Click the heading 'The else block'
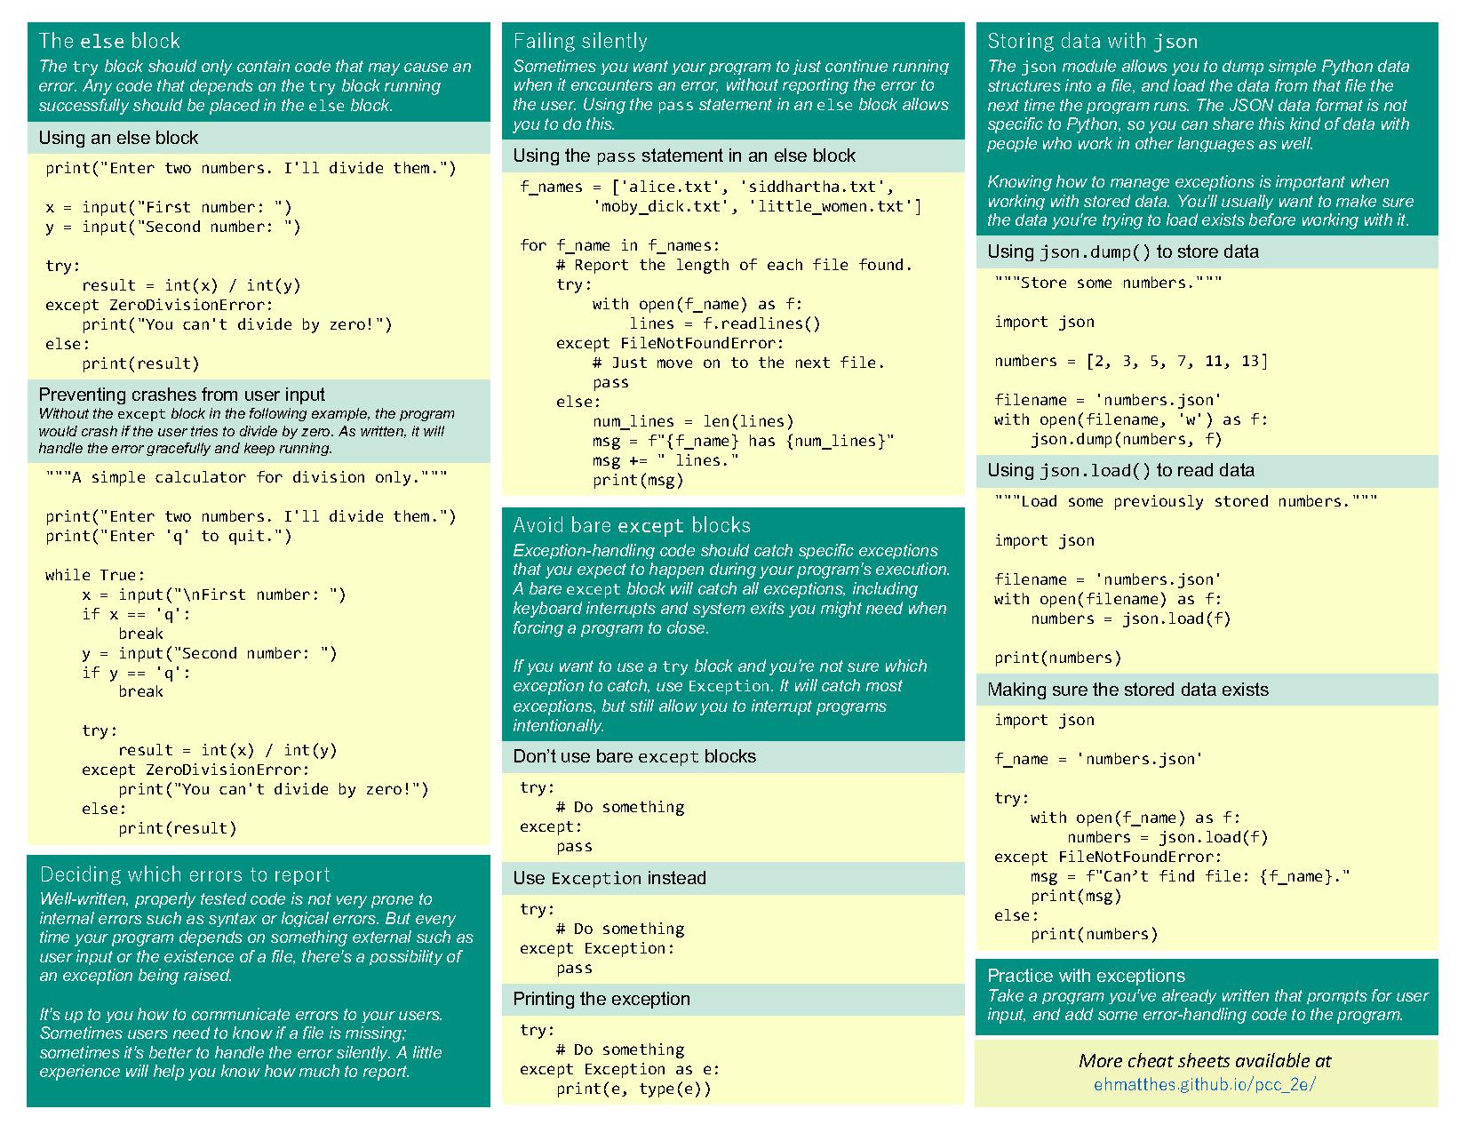(x=109, y=41)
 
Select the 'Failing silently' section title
(x=580, y=41)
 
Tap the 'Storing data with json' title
(x=1092, y=41)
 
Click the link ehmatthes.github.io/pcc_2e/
(x=1204, y=1084)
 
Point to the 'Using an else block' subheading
(x=118, y=138)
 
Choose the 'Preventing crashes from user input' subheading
(x=181, y=395)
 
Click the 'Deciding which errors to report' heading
(x=185, y=874)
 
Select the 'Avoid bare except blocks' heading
(x=632, y=525)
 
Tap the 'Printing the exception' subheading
(x=602, y=999)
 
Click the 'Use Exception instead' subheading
(x=610, y=878)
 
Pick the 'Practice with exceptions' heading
(x=1086, y=976)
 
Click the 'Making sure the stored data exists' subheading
(x=1127, y=690)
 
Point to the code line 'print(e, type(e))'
(x=633, y=1089)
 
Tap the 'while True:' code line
(x=95, y=575)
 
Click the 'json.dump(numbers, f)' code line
(x=1126, y=439)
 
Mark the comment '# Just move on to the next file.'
(x=738, y=363)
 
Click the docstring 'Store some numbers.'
(x=1108, y=283)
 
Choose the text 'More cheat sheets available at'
(x=1204, y=1060)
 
